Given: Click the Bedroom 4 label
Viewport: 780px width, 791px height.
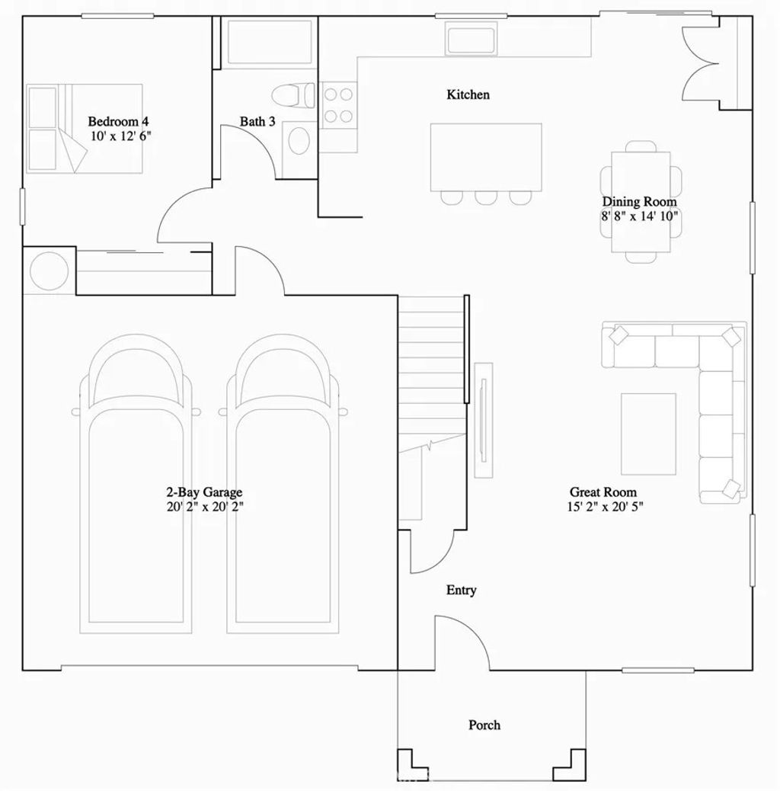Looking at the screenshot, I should pos(118,121).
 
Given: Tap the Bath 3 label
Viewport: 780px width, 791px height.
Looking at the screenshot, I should pos(257,121).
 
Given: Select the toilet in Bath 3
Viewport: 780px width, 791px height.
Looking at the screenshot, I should pos(293,95).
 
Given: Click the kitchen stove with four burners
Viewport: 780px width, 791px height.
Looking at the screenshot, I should pos(338,105).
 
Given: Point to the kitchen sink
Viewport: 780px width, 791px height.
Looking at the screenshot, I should pos(471,39).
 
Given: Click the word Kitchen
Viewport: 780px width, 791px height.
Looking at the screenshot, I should pos(468,95).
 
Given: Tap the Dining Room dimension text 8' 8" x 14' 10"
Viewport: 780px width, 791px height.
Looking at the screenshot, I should pos(639,216).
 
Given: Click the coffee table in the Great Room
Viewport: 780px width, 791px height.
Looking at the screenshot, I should pos(648,433).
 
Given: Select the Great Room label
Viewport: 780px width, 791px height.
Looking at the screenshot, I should pos(603,492).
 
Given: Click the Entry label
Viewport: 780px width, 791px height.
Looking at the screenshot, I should pos(461,590).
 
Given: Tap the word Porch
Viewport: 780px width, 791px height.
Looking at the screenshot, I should pos(484,725).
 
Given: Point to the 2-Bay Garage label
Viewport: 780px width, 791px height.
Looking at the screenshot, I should pos(204,492).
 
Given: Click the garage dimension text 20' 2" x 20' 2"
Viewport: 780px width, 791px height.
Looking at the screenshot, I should pos(205,506).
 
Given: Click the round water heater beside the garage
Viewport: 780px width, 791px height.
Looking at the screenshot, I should pos(49,270).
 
